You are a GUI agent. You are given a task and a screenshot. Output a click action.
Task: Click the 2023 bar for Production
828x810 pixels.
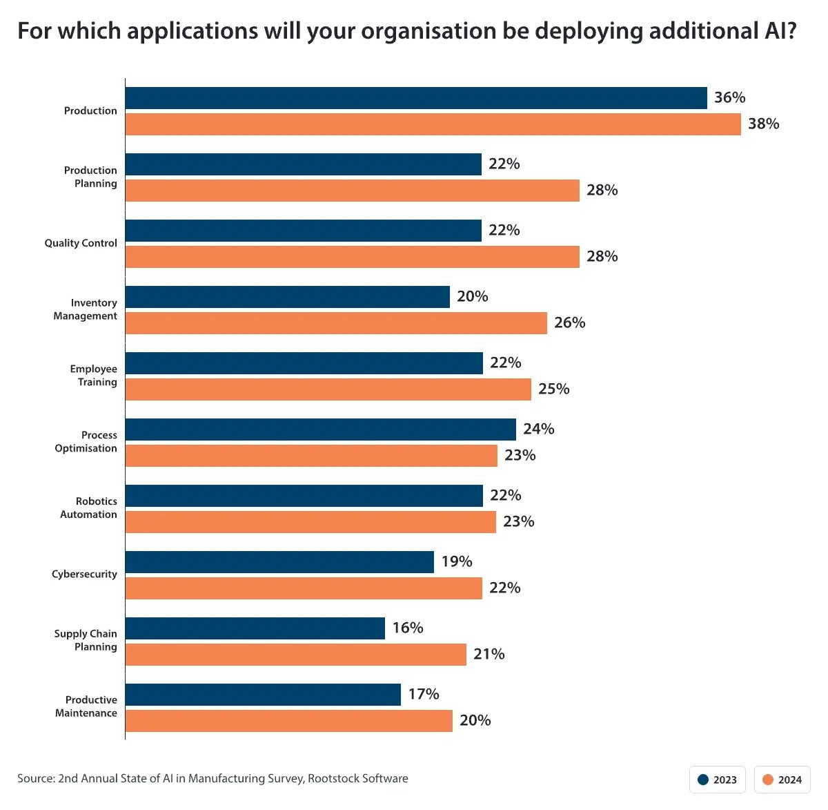416,98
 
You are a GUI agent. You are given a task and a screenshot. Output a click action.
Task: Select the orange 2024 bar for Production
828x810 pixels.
433,124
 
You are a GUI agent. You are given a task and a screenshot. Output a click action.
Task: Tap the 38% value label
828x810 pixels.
763,124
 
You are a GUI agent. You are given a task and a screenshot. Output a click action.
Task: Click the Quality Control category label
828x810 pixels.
81,243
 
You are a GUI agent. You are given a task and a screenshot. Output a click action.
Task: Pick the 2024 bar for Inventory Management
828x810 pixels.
336,323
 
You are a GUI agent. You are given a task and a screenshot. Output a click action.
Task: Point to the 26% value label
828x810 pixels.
569,322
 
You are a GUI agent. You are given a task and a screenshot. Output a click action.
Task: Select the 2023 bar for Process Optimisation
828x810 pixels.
320,430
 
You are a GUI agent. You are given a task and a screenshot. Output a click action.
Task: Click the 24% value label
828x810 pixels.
538,429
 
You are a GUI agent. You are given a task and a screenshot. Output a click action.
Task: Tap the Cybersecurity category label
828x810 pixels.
84,574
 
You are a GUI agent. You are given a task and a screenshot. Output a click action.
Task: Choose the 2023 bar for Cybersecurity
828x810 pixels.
279,562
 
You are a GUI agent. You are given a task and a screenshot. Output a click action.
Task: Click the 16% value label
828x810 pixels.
407,628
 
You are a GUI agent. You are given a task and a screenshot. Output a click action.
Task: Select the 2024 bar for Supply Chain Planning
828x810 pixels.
295,655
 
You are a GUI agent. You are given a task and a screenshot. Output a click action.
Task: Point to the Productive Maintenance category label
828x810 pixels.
86,706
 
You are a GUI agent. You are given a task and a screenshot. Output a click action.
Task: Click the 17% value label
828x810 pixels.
423,694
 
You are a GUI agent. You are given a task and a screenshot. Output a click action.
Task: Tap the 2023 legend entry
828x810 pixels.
717,780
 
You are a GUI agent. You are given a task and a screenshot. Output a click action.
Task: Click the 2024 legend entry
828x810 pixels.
782,780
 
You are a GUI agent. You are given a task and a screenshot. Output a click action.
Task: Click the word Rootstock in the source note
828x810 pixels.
333,778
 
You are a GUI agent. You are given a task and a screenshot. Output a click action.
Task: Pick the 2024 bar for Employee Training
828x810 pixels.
328,389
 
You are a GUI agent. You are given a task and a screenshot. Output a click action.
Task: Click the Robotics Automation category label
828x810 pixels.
88,508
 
